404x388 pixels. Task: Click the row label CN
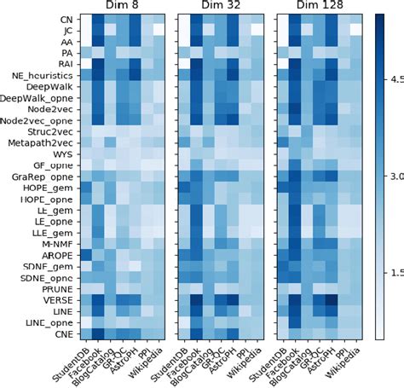pos(65,18)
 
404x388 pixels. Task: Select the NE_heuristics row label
pos(42,75)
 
